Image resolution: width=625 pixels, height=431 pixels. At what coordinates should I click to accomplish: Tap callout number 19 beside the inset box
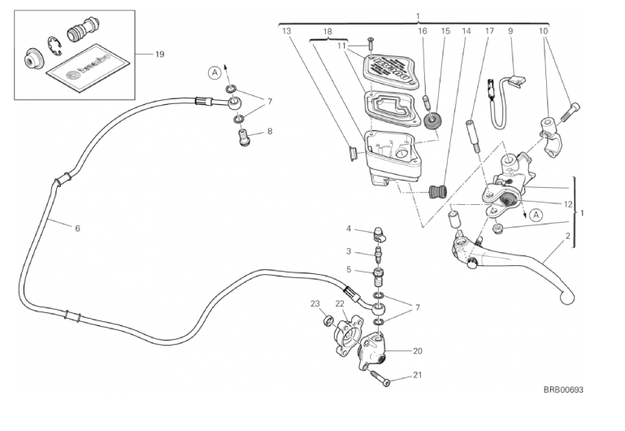(x=159, y=54)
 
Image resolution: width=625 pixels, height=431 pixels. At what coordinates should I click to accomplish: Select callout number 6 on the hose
(x=77, y=229)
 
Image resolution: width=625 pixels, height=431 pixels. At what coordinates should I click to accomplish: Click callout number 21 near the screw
(x=418, y=375)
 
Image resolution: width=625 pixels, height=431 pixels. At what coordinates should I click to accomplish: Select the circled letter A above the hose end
(x=214, y=72)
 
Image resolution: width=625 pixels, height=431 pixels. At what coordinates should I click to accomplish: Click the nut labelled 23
(x=328, y=320)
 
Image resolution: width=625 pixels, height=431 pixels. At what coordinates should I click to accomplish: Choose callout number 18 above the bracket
(x=328, y=31)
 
